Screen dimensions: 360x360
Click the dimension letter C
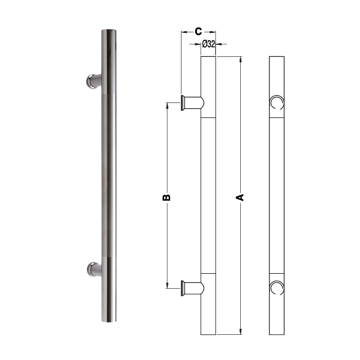pos(198,31)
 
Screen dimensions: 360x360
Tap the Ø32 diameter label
pos(208,44)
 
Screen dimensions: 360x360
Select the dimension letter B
pos(167,198)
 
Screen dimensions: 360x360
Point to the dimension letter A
pos(240,198)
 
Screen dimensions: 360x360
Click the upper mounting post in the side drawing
pos(192,103)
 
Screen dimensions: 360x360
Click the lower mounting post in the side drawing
pos(192,288)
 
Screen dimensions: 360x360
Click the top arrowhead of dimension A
pos(240,59)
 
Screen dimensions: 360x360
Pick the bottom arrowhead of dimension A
pos(240,332)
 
